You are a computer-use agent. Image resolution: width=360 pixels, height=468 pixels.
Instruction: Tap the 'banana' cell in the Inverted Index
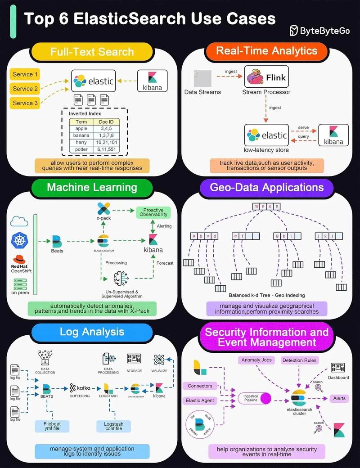81,135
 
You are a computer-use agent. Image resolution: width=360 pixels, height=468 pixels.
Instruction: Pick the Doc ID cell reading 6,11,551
106,149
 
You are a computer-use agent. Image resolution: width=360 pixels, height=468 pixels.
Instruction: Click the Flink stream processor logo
265,77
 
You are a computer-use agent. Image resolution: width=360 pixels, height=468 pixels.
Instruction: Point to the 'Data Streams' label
202,92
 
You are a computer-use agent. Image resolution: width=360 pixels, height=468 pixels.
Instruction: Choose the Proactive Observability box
153,212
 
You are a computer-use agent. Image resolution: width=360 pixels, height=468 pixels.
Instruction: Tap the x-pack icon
104,209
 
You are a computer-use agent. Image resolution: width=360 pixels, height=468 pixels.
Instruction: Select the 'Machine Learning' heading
92,187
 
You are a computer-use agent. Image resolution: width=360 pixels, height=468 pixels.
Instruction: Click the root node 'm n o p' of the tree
266,207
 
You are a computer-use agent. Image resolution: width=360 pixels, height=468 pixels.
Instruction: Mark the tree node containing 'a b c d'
204,236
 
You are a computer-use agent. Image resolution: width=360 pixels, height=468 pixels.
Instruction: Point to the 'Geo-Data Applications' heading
266,187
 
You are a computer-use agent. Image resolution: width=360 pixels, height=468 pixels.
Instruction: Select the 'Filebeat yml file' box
52,426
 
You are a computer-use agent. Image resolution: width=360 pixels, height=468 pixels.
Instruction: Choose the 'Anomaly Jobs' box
256,360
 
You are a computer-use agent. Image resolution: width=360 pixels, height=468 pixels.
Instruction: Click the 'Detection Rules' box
299,360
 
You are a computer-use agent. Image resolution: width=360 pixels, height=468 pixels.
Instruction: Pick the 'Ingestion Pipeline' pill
254,398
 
